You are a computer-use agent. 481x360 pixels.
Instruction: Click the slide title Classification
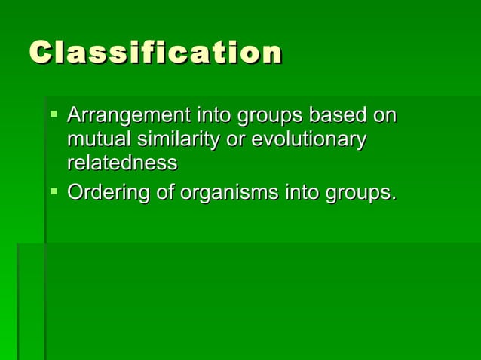pyautogui.click(x=156, y=53)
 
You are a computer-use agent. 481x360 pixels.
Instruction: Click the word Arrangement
pyautogui.click(x=128, y=117)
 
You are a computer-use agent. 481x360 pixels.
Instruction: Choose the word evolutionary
pyautogui.click(x=308, y=140)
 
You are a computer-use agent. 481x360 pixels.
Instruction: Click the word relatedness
pyautogui.click(x=122, y=163)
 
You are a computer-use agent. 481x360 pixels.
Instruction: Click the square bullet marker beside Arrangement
pyautogui.click(x=54, y=116)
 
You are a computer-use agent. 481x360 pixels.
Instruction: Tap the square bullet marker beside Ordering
pyautogui.click(x=54, y=192)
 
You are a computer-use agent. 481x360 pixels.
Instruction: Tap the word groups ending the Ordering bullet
pyautogui.click(x=359, y=194)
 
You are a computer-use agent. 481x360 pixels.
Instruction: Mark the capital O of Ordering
pyautogui.click(x=75, y=193)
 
